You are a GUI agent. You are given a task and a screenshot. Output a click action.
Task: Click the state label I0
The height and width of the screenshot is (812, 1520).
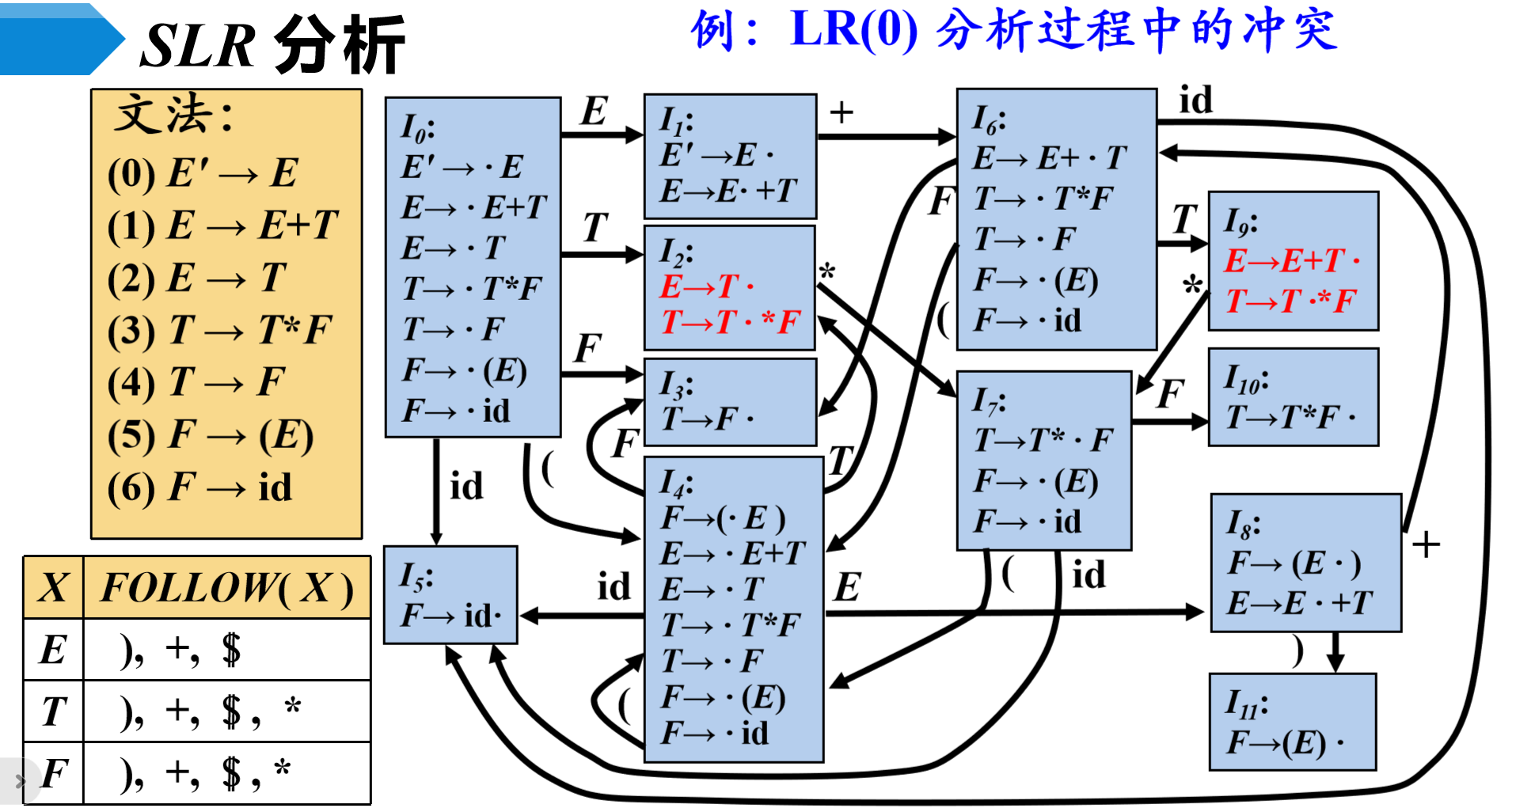(x=418, y=127)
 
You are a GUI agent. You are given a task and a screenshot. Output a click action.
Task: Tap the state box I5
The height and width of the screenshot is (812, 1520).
(x=450, y=595)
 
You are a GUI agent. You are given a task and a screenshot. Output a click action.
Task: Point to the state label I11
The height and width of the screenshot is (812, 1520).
(x=1246, y=703)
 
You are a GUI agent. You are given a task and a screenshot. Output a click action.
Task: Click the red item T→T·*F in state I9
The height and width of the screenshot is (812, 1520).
(x=1290, y=301)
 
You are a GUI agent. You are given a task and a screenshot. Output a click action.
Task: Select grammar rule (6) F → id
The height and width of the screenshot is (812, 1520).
(x=199, y=487)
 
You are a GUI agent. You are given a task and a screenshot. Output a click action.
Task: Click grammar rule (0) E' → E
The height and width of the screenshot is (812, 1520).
(x=202, y=173)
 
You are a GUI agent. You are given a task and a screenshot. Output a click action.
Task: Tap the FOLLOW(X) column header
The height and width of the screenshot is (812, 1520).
(x=226, y=588)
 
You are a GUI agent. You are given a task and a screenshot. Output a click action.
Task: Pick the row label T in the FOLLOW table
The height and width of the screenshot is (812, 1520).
(x=53, y=711)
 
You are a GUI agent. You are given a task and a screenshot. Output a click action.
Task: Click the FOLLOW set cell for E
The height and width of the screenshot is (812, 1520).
(x=226, y=650)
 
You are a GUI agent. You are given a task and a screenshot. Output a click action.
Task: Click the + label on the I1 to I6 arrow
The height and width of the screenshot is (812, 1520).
(x=841, y=113)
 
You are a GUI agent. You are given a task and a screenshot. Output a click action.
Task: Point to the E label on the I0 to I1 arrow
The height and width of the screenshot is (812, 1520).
(x=594, y=112)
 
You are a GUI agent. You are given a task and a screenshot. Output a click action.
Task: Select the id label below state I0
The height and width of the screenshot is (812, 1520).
(x=465, y=486)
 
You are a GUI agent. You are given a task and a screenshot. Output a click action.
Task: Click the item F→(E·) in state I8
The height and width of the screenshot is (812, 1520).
(x=1294, y=563)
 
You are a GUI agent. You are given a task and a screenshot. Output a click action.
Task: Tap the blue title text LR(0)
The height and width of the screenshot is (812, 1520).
(x=853, y=30)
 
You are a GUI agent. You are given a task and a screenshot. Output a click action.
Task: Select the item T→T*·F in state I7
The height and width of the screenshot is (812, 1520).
(x=1043, y=440)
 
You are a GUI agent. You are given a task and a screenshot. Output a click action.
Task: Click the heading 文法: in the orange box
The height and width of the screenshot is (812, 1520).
(x=174, y=116)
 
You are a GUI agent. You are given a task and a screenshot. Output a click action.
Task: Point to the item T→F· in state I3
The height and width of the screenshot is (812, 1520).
(x=708, y=418)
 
